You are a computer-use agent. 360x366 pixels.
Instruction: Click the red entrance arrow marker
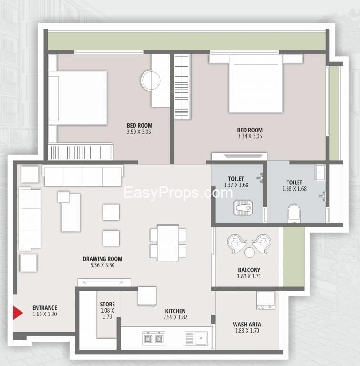pyautogui.click(x=17, y=313)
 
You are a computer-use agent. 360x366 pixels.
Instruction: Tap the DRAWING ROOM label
pyautogui.click(x=103, y=259)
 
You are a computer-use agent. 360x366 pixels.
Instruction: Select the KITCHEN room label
pyautogui.click(x=175, y=311)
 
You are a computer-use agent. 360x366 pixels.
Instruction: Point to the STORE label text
pyautogui.click(x=107, y=304)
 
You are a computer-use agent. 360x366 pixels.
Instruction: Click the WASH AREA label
pyautogui.click(x=247, y=324)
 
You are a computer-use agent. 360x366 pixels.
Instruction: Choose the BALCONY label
pyautogui.click(x=249, y=270)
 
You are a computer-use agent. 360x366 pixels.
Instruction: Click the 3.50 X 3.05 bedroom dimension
pyautogui.click(x=139, y=132)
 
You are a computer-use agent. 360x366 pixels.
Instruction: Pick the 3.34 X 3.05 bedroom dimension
pyautogui.click(x=250, y=136)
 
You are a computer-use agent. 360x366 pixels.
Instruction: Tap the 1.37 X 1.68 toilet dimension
pyautogui.click(x=236, y=185)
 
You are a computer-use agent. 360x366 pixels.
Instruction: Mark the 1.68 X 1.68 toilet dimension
pyautogui.click(x=294, y=189)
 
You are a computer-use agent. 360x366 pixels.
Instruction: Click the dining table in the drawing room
pyautogui.click(x=168, y=242)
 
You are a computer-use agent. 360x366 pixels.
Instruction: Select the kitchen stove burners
pyautogui.click(x=154, y=338)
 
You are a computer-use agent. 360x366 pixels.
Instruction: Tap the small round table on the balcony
pyautogui.click(x=249, y=252)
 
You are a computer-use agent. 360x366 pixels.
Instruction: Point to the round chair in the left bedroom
pyautogui.click(x=151, y=80)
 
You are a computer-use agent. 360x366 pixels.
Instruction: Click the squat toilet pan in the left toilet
pyautogui.click(x=243, y=207)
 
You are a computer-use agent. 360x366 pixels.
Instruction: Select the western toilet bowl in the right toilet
pyautogui.click(x=294, y=213)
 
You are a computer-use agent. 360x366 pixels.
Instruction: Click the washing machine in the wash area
pyautogui.click(x=266, y=300)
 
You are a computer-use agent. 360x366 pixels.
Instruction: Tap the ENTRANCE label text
pyautogui.click(x=45, y=308)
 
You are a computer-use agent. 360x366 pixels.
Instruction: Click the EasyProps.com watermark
pyautogui.click(x=178, y=193)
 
